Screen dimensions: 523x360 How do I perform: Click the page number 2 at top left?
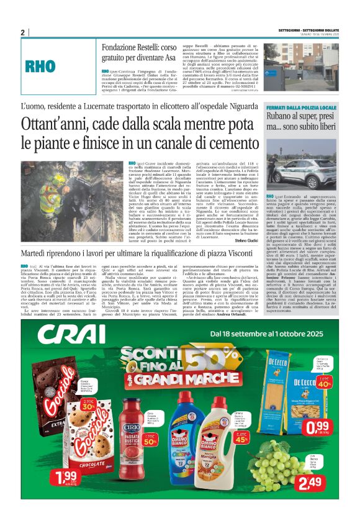coord(22,32)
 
